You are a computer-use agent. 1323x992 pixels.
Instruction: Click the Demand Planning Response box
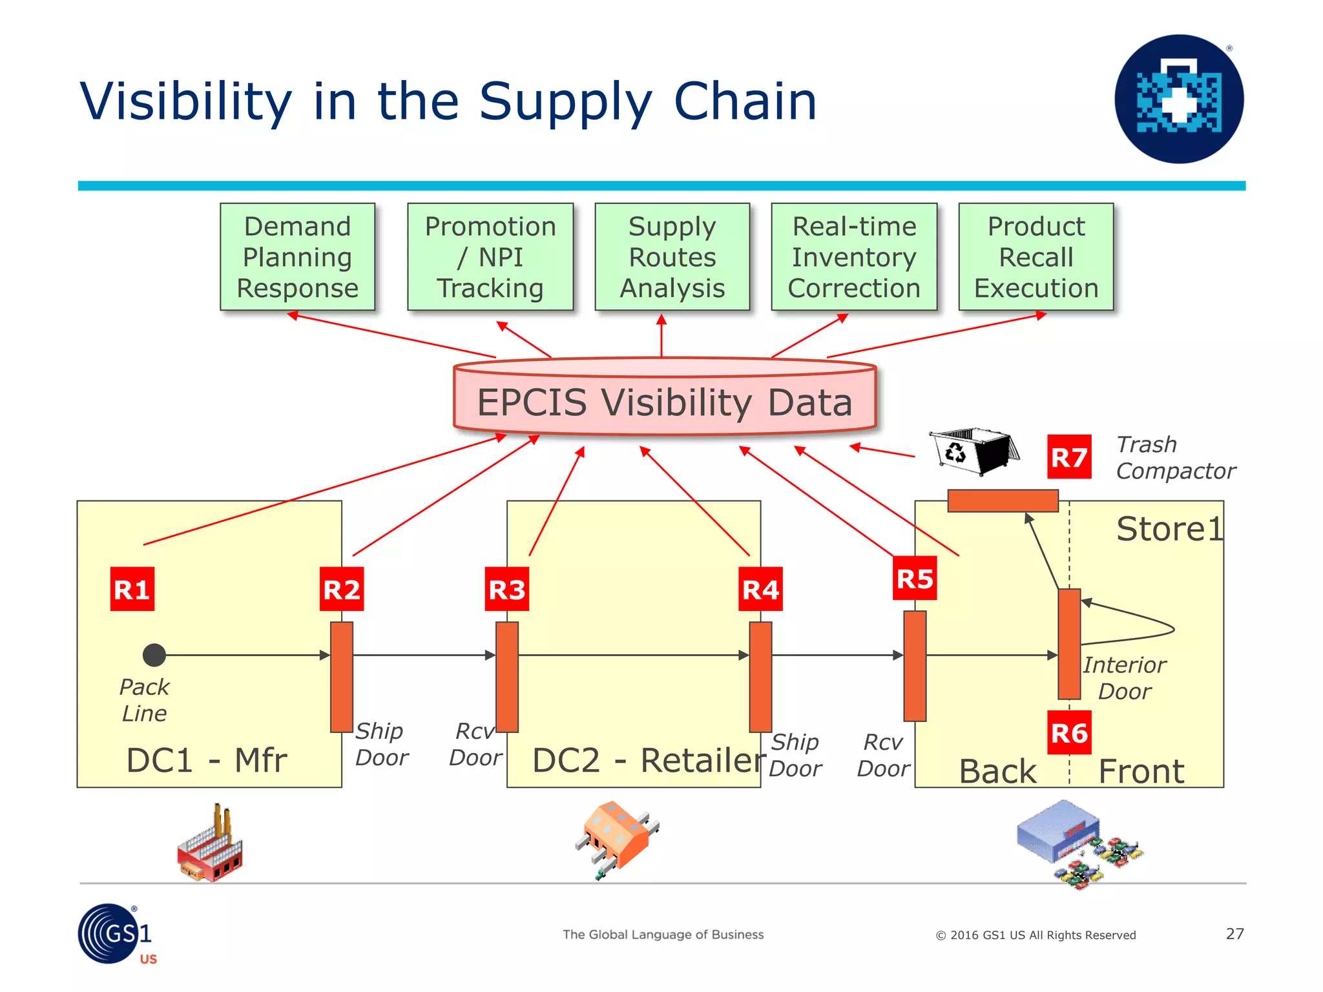click(297, 257)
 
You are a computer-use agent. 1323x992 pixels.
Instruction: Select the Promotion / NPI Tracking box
click(490, 257)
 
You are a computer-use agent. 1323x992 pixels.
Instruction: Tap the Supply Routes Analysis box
click(672, 257)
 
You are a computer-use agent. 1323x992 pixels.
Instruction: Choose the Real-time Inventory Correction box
click(854, 257)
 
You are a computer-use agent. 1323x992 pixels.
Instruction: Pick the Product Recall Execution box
click(1036, 257)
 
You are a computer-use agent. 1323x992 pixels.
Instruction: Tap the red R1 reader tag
click(132, 589)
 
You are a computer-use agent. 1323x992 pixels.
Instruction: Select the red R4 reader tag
click(760, 589)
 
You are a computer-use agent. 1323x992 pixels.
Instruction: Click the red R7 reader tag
click(1069, 457)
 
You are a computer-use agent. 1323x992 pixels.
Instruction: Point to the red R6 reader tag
click(1069, 733)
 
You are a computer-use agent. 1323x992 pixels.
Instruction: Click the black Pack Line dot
click(154, 655)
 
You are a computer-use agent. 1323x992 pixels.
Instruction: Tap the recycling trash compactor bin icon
click(974, 450)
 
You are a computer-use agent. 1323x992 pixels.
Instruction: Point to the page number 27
click(1234, 934)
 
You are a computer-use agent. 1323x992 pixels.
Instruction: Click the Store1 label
click(1169, 529)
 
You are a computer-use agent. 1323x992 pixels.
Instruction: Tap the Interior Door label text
click(1124, 678)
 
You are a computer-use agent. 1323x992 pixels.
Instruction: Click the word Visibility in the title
click(186, 102)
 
